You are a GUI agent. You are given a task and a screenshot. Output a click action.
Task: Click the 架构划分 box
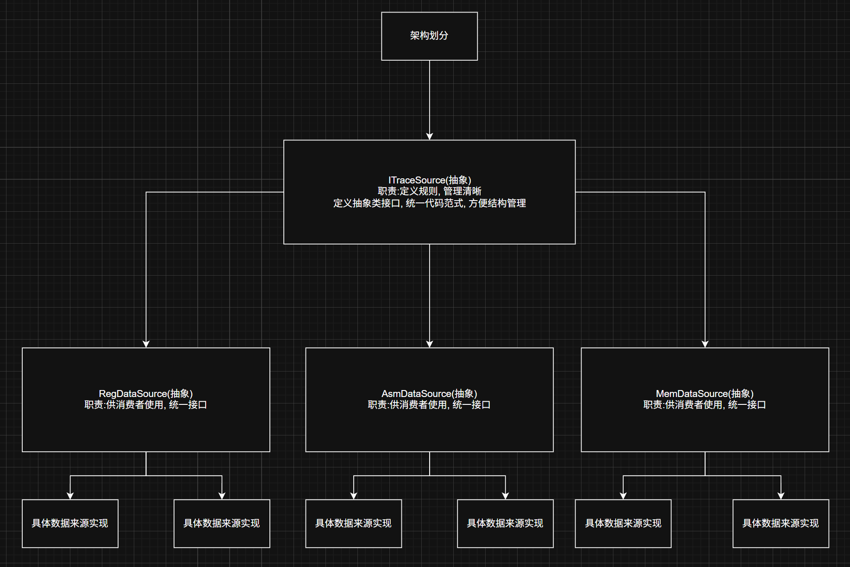(429, 36)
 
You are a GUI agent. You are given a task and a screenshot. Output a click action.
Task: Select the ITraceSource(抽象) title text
(430, 180)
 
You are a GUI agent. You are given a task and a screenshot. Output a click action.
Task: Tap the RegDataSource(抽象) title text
(146, 394)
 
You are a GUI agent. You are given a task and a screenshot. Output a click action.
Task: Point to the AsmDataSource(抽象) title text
(429, 394)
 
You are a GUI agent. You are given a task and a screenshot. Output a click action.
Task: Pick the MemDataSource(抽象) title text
(705, 394)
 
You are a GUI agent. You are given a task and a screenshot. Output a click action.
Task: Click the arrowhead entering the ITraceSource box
(430, 136)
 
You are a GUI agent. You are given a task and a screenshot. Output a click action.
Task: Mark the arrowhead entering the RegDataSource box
(146, 344)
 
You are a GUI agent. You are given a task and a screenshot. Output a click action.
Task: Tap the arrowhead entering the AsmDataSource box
(430, 344)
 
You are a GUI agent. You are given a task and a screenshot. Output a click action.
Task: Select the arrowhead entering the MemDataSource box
(705, 344)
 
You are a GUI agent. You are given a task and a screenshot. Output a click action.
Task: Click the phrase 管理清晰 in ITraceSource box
(462, 191)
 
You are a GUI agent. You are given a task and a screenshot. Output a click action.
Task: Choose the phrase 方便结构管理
(497, 203)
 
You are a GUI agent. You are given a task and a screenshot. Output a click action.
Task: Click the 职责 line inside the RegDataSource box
(146, 405)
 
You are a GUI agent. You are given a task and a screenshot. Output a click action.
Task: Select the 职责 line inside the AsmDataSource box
(429, 405)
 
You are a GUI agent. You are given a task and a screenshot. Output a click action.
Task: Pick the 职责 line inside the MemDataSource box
(705, 405)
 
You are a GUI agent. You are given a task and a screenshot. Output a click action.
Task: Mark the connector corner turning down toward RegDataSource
(146, 192)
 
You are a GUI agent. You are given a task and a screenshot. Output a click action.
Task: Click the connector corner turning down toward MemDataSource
(705, 192)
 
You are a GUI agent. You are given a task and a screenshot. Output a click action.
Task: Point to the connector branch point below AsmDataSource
(430, 476)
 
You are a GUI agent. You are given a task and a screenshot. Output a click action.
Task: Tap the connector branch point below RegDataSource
(146, 476)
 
